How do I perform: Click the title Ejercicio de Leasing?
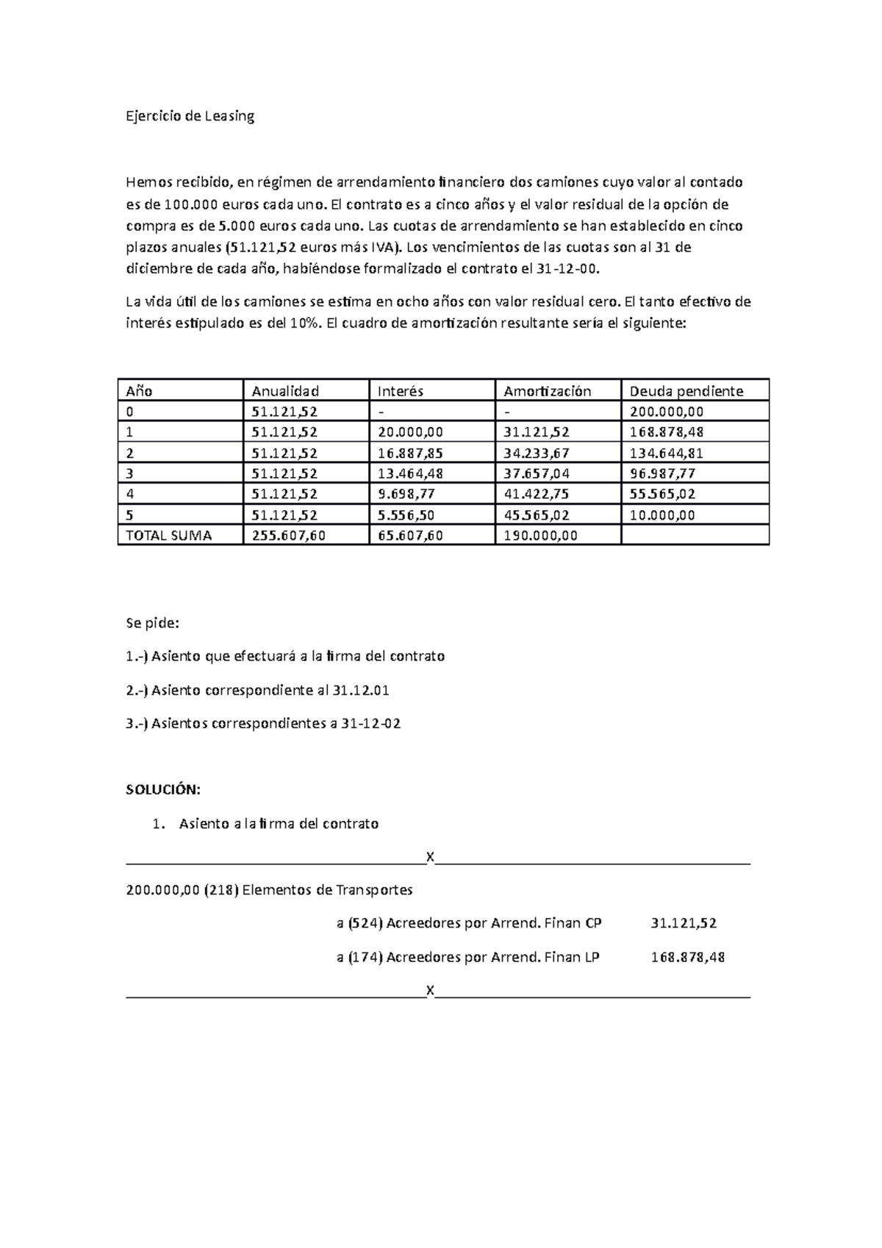pos(190,116)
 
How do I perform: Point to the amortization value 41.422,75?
pos(537,495)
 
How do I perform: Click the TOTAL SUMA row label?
pos(169,536)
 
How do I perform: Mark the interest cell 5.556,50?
pos(406,515)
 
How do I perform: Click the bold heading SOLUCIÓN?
pos(162,790)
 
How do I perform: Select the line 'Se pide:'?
pos(152,623)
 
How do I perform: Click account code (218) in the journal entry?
pos(221,890)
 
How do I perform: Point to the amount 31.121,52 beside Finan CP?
pos(684,924)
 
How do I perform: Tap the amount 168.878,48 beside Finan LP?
pos(688,958)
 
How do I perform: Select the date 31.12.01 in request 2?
pos(361,690)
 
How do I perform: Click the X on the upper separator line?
pos(430,857)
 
